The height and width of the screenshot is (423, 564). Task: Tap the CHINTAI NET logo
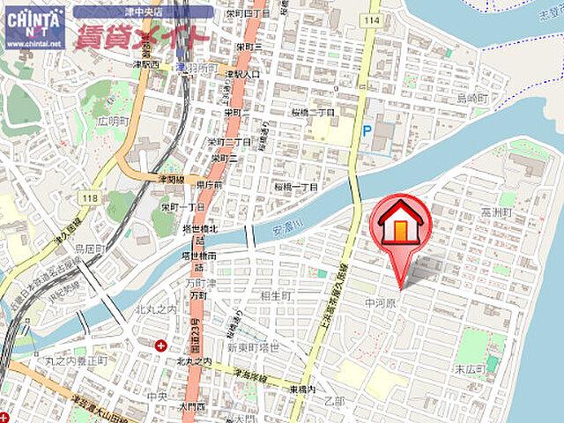tap(34, 26)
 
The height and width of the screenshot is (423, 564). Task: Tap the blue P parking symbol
tap(366, 130)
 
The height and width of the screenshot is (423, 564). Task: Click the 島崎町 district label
tap(490, 98)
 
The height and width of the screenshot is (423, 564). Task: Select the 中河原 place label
tap(382, 302)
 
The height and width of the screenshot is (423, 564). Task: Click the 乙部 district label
tap(334, 401)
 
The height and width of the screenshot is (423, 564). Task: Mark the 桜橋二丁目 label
tap(314, 113)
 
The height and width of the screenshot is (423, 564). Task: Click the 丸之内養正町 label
tap(76, 360)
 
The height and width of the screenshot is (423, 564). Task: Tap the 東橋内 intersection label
tap(301, 389)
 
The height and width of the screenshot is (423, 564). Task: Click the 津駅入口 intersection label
tap(242, 74)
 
